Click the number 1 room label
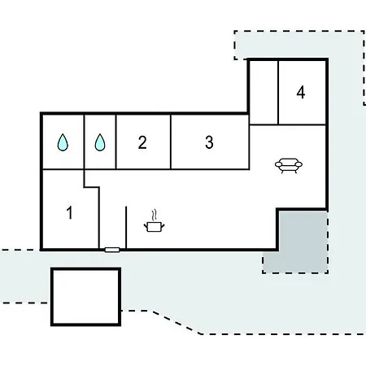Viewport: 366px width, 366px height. pyautogui.click(x=70, y=212)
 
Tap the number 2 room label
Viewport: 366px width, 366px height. pyautogui.click(x=142, y=142)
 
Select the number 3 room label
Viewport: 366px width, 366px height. pyautogui.click(x=209, y=142)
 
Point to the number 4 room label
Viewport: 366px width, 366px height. pyautogui.click(x=301, y=93)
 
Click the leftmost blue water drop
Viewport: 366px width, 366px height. pyautogui.click(x=63, y=142)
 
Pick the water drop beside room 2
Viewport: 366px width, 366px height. pyautogui.click(x=100, y=142)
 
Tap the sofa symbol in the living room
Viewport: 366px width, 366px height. pyautogui.click(x=289, y=166)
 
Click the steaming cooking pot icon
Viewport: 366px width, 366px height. pyautogui.click(x=154, y=221)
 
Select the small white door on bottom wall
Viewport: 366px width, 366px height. pyautogui.click(x=112, y=250)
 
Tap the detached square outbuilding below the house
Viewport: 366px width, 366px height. pyautogui.click(x=85, y=297)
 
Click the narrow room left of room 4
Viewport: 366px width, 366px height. pyautogui.click(x=264, y=93)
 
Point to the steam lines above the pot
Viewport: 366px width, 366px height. pyautogui.click(x=155, y=215)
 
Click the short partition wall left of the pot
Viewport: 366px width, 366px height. pyautogui.click(x=126, y=227)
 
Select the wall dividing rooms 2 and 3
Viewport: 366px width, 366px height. pyautogui.click(x=171, y=142)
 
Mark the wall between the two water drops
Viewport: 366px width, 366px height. pyautogui.click(x=85, y=142)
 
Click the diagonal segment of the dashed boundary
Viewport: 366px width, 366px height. pyautogui.click(x=176, y=322)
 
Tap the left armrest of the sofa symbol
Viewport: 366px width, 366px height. pyautogui.click(x=279, y=164)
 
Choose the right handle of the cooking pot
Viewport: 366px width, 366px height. pyautogui.click(x=163, y=225)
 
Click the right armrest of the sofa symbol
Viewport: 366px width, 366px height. pyautogui.click(x=298, y=164)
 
